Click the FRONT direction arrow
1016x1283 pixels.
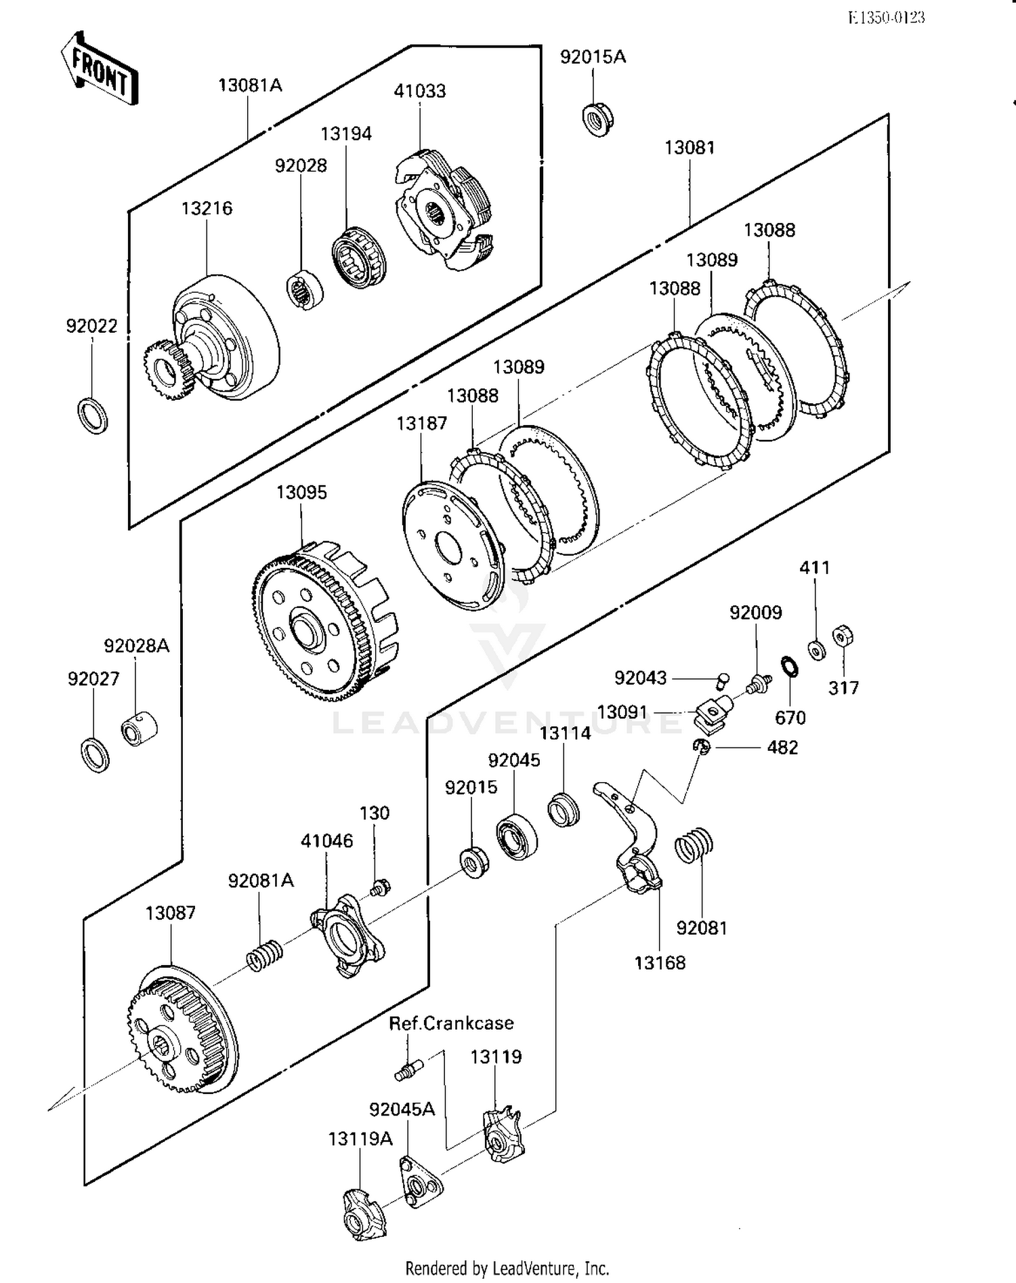pyautogui.click(x=99, y=68)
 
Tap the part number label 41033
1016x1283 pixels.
pyautogui.click(x=420, y=91)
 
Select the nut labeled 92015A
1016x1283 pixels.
pyautogui.click(x=597, y=119)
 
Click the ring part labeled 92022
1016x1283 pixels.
pyautogui.click(x=93, y=415)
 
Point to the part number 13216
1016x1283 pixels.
pyautogui.click(x=207, y=208)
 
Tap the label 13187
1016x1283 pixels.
pyautogui.click(x=422, y=423)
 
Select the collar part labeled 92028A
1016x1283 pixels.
pyautogui.click(x=139, y=729)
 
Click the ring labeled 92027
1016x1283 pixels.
pyautogui.click(x=94, y=754)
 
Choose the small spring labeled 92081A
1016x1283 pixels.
pyautogui.click(x=264, y=955)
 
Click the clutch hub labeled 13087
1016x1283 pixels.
pyautogui.click(x=182, y=1030)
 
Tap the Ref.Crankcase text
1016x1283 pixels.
pyautogui.click(x=451, y=1023)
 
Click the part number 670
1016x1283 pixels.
pyautogui.click(x=790, y=717)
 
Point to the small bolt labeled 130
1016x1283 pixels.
pyautogui.click(x=381, y=885)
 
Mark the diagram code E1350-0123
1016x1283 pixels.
pyautogui.click(x=886, y=18)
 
